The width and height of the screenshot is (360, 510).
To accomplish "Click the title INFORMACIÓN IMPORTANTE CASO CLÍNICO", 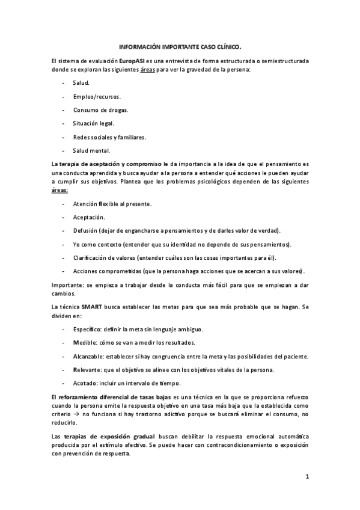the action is pyautogui.click(x=180, y=46).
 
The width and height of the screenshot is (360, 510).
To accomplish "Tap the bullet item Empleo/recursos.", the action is pyautogui.click(x=96, y=96).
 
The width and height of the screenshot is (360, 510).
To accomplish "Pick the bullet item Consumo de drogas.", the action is pyautogui.click(x=100, y=109).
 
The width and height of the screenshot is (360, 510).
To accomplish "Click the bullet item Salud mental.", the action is pyautogui.click(x=91, y=150).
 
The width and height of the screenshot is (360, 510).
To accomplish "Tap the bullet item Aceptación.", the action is pyautogui.click(x=89, y=217).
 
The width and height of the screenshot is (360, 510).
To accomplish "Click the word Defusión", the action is pyautogui.click(x=87, y=230).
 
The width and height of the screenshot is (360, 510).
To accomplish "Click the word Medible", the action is pyautogui.click(x=85, y=343).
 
